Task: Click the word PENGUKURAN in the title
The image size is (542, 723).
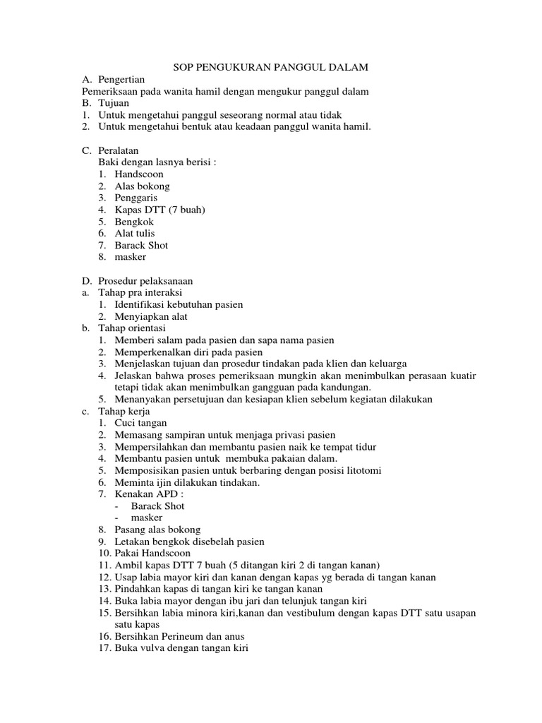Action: pos(237,68)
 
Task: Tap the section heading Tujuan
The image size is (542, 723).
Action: pos(114,103)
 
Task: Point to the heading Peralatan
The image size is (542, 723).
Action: pos(119,150)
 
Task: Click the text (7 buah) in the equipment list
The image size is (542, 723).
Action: pos(185,210)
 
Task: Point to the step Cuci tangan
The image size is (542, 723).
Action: pos(140,423)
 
